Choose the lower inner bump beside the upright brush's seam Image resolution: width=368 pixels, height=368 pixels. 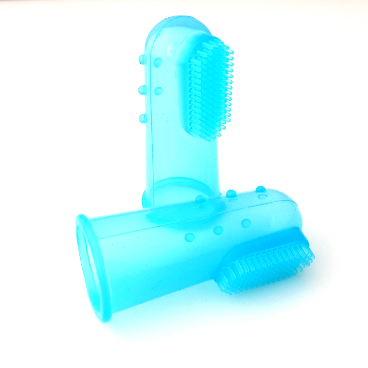click(158, 91)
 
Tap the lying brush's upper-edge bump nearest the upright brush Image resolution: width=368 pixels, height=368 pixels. click(201, 199)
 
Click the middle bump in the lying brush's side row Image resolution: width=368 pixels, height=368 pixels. click(218, 230)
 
